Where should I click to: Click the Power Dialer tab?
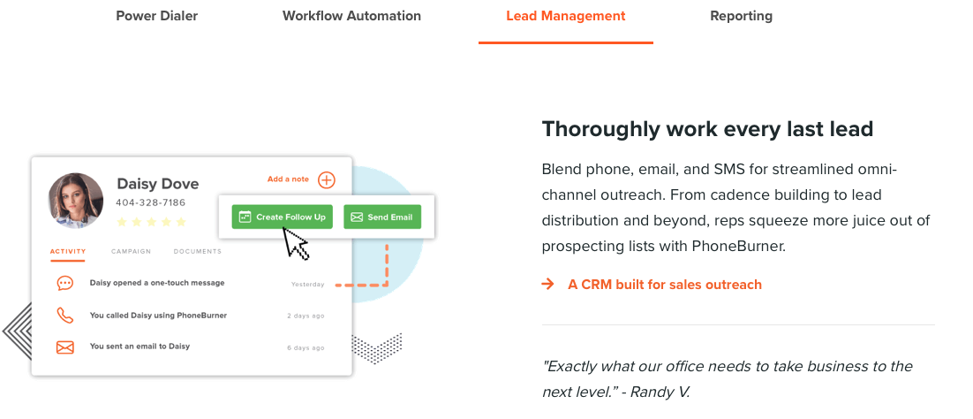coord(157,16)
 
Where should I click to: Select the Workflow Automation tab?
coord(351,16)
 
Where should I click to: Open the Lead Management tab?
coord(566,16)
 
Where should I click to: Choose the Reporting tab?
coord(742,16)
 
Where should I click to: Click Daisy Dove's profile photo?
coord(76,201)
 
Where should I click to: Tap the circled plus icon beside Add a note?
coord(327,180)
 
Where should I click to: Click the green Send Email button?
coord(382,217)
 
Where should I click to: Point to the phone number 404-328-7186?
coord(151,202)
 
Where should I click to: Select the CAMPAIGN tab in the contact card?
coord(131,252)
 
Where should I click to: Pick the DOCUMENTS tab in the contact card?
coord(197,252)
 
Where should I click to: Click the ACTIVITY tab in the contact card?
coord(68,252)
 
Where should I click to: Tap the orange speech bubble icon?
coord(64,284)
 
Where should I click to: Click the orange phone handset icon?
coord(65,316)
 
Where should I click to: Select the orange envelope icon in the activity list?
coord(65,347)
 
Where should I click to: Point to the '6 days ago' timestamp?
coord(305,348)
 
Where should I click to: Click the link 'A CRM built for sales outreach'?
coord(665,285)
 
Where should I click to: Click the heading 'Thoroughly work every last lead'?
coord(707,129)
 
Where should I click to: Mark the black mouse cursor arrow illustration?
coord(296,242)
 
